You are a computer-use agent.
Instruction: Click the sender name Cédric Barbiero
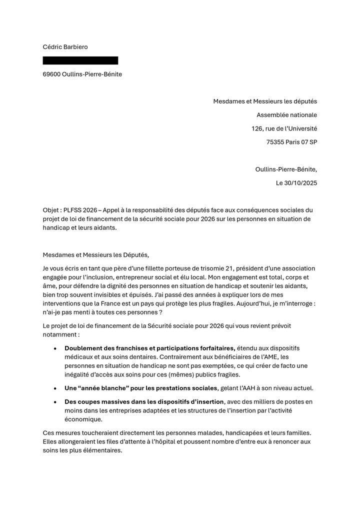65,47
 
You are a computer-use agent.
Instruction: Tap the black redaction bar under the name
80,60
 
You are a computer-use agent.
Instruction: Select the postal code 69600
51,74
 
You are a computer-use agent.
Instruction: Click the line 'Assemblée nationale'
286,115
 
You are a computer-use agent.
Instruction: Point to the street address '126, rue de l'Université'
284,128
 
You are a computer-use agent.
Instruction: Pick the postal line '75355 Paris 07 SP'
291,142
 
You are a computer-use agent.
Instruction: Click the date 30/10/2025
300,183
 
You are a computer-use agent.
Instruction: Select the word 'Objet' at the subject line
51,210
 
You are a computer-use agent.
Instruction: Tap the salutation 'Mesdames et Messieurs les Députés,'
96,254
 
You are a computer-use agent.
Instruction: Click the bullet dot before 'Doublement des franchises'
55,348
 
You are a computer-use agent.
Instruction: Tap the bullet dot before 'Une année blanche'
55,388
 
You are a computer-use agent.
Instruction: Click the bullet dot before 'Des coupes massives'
55,402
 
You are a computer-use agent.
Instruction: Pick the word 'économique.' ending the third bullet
83,419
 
